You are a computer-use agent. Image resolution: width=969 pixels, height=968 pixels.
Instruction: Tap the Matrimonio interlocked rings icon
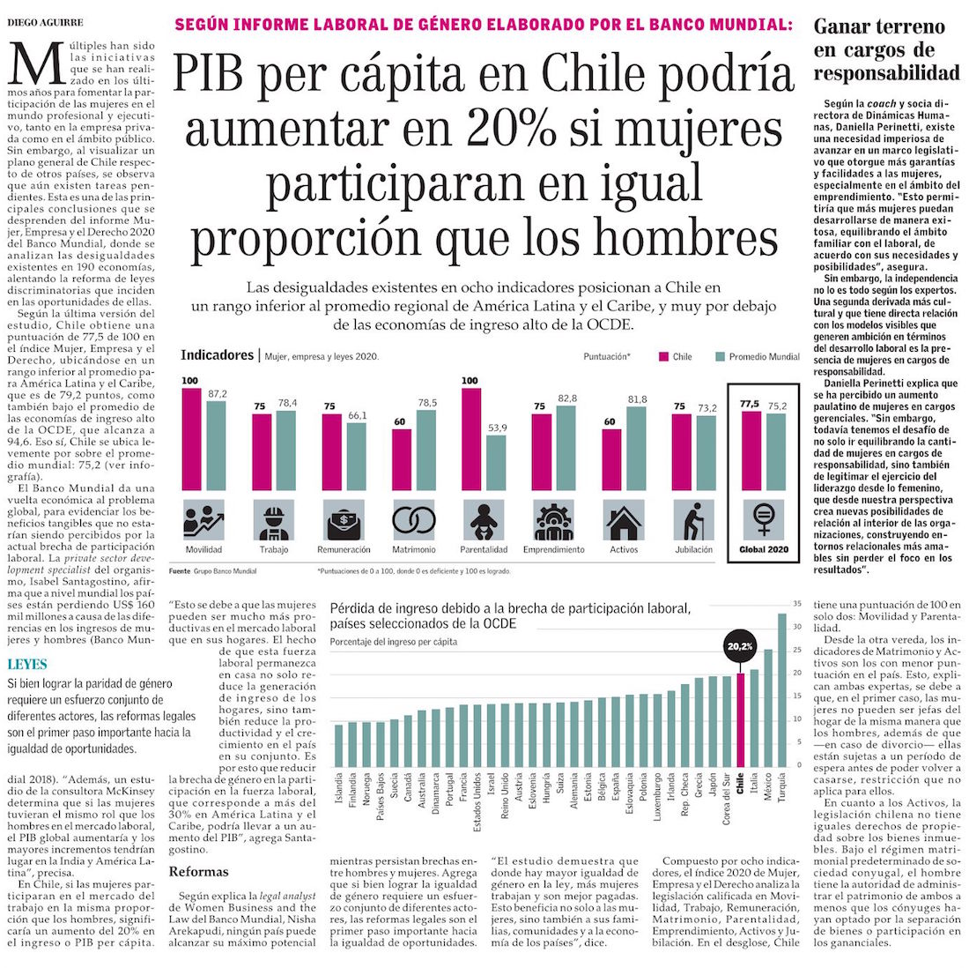[x=414, y=521]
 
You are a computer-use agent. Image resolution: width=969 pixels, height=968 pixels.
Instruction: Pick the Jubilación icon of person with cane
[x=692, y=521]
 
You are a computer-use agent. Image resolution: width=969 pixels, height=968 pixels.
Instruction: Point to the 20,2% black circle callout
[x=740, y=646]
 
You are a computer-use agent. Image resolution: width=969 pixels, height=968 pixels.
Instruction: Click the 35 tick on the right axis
[x=795, y=604]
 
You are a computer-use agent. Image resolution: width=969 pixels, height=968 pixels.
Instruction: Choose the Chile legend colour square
[x=665, y=357]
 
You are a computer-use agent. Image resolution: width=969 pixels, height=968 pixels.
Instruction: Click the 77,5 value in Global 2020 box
[x=751, y=403]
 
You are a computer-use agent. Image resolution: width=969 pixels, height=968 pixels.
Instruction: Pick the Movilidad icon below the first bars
[x=203, y=521]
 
